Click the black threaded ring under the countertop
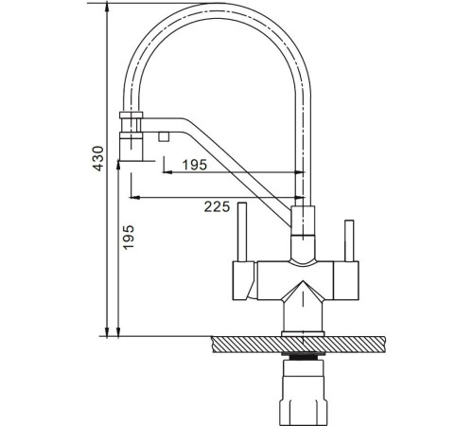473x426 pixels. [x=304, y=361]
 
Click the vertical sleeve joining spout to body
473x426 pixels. [x=304, y=227]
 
